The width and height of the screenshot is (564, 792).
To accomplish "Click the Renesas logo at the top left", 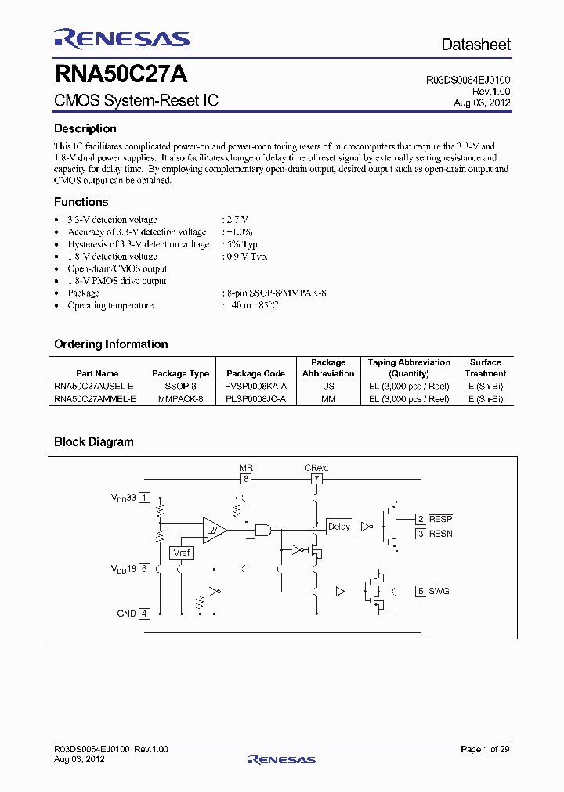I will pyautogui.click(x=121, y=38).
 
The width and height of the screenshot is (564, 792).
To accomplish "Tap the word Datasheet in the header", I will pyautogui.click(x=475, y=45).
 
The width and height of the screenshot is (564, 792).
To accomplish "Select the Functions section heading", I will pyautogui.click(x=81, y=202).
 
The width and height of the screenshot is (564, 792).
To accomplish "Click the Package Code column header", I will pyautogui.click(x=255, y=373).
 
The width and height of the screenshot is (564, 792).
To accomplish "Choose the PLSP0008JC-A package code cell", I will pyautogui.click(x=255, y=398).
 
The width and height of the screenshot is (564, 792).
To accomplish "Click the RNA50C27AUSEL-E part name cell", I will pyautogui.click(x=95, y=387).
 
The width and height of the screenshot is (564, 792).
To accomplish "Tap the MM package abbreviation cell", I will pyautogui.click(x=328, y=398).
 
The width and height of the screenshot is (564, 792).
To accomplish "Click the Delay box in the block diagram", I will pyautogui.click(x=338, y=527).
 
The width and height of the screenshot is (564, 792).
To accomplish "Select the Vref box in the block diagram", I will pyautogui.click(x=181, y=553).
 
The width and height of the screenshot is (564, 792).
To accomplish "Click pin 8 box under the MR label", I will pyautogui.click(x=245, y=479).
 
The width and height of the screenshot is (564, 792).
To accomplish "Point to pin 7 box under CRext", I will pyautogui.click(x=316, y=479).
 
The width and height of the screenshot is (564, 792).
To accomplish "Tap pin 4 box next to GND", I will pyautogui.click(x=144, y=614).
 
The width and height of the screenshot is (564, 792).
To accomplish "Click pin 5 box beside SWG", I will pyautogui.click(x=421, y=591).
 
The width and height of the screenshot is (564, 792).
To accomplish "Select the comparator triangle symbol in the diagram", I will pyautogui.click(x=214, y=529).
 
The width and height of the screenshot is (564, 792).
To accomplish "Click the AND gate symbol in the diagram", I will pyautogui.click(x=263, y=530).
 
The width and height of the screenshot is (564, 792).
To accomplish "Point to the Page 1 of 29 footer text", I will pyautogui.click(x=485, y=750).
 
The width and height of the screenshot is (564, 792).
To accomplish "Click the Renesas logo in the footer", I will pyautogui.click(x=281, y=759).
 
